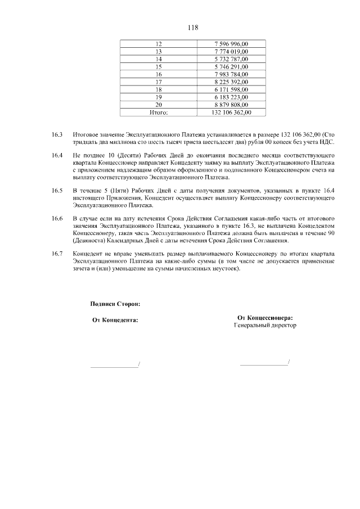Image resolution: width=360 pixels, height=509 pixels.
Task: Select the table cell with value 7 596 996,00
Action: (232, 44)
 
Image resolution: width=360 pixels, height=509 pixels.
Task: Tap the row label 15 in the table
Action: (159, 66)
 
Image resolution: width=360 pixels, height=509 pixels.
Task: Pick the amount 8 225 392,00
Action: (232, 82)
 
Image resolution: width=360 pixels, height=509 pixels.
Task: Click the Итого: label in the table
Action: (159, 112)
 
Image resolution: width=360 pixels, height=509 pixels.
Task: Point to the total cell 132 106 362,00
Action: (232, 112)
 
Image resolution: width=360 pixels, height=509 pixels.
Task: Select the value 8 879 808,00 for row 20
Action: (232, 105)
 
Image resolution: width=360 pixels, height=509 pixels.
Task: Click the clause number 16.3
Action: (56, 135)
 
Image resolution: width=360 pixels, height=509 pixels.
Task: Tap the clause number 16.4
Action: (56, 155)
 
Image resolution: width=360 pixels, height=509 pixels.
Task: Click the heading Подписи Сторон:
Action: (115, 304)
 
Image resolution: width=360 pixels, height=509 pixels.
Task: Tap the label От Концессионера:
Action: (265, 317)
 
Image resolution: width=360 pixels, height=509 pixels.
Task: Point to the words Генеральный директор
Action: (265, 325)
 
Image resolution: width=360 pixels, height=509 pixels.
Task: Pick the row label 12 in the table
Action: (159, 44)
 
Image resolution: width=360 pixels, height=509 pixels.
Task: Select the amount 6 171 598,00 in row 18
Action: (232, 89)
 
